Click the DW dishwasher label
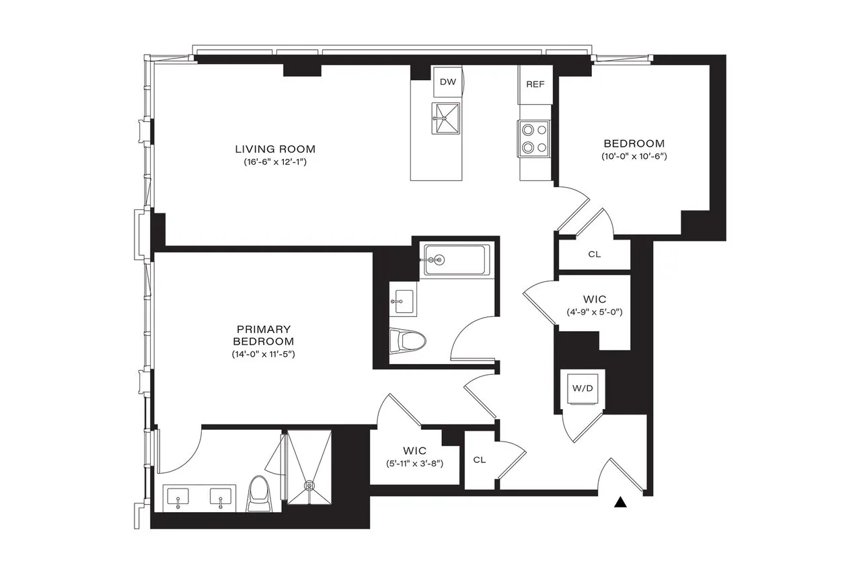[x=447, y=82]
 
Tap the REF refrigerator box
[x=535, y=84]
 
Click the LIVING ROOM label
[x=275, y=149]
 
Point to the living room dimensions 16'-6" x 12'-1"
[x=275, y=162]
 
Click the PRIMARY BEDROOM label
[x=264, y=335]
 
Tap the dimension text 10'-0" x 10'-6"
[x=634, y=157]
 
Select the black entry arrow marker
[x=622, y=501]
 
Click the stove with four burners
[x=535, y=138]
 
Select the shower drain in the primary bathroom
[x=309, y=485]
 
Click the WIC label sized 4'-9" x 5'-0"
[x=595, y=299]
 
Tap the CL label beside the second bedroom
[x=594, y=254]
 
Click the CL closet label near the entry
[x=479, y=460]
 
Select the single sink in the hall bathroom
[x=404, y=299]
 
